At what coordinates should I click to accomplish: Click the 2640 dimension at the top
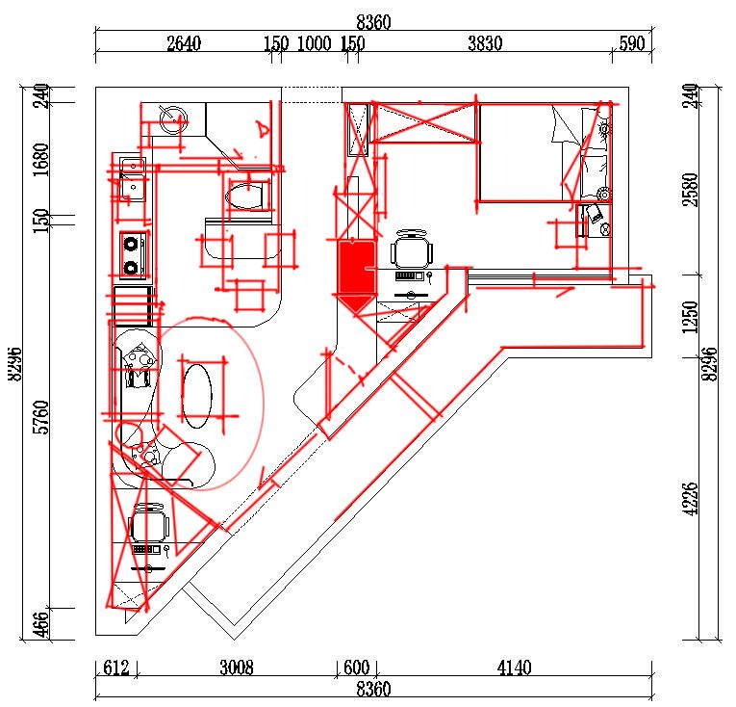(x=184, y=43)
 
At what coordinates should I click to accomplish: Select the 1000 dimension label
(x=314, y=43)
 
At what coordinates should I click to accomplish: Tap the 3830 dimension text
(x=485, y=43)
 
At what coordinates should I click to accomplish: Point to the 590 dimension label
(x=632, y=43)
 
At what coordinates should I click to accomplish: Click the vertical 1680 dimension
(x=41, y=160)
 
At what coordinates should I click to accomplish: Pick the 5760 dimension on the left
(x=41, y=417)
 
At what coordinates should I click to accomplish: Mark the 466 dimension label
(x=41, y=624)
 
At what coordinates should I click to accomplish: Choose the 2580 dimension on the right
(x=691, y=190)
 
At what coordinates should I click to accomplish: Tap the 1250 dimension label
(x=691, y=317)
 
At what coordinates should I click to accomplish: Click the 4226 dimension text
(x=691, y=499)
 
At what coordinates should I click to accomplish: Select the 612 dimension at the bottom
(x=116, y=668)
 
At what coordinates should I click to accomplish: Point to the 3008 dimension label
(x=237, y=668)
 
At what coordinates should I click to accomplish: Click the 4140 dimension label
(x=515, y=668)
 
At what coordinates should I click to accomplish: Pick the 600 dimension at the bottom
(x=357, y=668)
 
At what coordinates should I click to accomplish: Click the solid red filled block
(x=357, y=275)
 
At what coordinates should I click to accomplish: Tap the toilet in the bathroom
(x=247, y=196)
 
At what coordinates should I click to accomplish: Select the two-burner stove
(x=132, y=254)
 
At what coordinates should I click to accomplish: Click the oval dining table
(x=196, y=395)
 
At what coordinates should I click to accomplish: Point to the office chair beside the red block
(x=412, y=249)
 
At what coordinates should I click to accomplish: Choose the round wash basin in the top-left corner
(x=173, y=119)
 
